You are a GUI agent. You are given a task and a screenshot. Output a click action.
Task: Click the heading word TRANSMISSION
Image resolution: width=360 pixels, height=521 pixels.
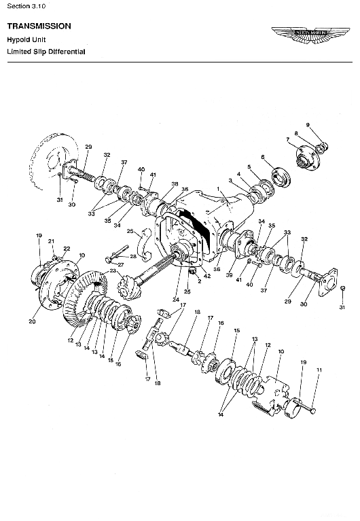(39, 26)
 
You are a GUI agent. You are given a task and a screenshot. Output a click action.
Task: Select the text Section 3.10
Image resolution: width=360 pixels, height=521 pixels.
(26, 5)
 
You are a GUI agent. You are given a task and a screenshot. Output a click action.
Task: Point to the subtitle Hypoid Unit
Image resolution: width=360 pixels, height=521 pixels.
(26, 40)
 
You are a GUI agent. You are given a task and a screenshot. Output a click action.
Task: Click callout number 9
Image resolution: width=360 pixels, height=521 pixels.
(307, 125)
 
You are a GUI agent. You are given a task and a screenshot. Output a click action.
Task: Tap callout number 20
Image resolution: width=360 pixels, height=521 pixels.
(31, 321)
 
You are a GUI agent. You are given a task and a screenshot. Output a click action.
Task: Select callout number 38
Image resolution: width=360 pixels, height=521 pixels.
(175, 184)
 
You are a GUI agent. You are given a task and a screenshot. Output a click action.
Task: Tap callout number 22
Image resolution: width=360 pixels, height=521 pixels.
(67, 248)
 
